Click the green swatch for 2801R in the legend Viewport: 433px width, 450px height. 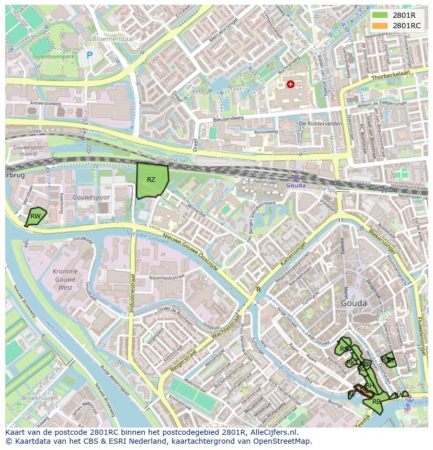click(380, 15)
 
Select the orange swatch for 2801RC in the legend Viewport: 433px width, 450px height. click(380, 25)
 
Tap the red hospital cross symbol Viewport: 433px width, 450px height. click(290, 84)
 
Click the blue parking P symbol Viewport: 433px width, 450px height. click(89, 54)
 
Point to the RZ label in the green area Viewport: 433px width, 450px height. click(151, 180)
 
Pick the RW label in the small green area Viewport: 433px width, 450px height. click(35, 216)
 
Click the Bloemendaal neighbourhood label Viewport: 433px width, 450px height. click(112, 39)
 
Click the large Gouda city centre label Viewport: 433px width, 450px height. click(354, 303)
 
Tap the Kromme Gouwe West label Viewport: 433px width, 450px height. click(65, 280)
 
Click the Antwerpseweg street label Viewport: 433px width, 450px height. click(46, 103)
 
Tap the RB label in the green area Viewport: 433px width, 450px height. click(377, 401)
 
